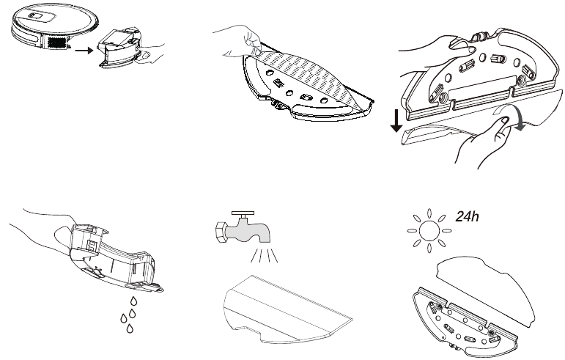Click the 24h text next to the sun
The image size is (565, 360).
pos(468,216)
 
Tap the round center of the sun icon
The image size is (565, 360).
pos(429,230)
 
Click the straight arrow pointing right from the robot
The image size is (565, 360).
pos(84,50)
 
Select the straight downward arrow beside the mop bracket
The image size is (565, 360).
pos(396,121)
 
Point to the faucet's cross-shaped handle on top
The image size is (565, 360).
pos(243,214)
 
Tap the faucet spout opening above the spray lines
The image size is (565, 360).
pos(264,239)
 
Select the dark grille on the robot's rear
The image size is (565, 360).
pos(57,43)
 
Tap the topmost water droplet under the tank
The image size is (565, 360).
pos(134,301)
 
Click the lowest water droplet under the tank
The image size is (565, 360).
pos(130,328)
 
